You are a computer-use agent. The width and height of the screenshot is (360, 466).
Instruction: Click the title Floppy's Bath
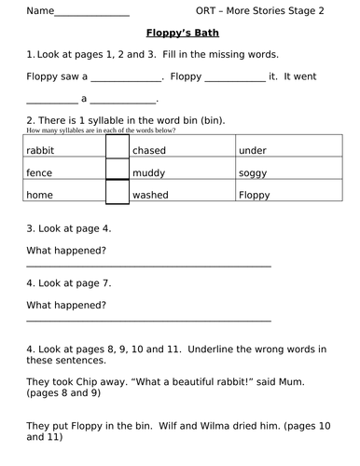(x=179, y=33)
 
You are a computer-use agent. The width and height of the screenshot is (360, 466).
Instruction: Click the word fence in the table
(x=40, y=172)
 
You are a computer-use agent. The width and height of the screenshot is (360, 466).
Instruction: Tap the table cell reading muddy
(x=148, y=172)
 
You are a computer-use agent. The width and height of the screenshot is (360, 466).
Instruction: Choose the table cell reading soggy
(x=252, y=172)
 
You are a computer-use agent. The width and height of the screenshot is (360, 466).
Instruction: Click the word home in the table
(x=41, y=195)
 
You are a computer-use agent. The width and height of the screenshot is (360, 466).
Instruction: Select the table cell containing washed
(x=151, y=195)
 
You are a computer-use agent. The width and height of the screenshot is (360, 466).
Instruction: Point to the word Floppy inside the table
(x=254, y=195)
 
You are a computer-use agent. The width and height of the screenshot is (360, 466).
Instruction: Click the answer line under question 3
(x=149, y=266)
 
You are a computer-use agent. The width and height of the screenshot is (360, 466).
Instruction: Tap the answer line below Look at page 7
(x=149, y=321)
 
